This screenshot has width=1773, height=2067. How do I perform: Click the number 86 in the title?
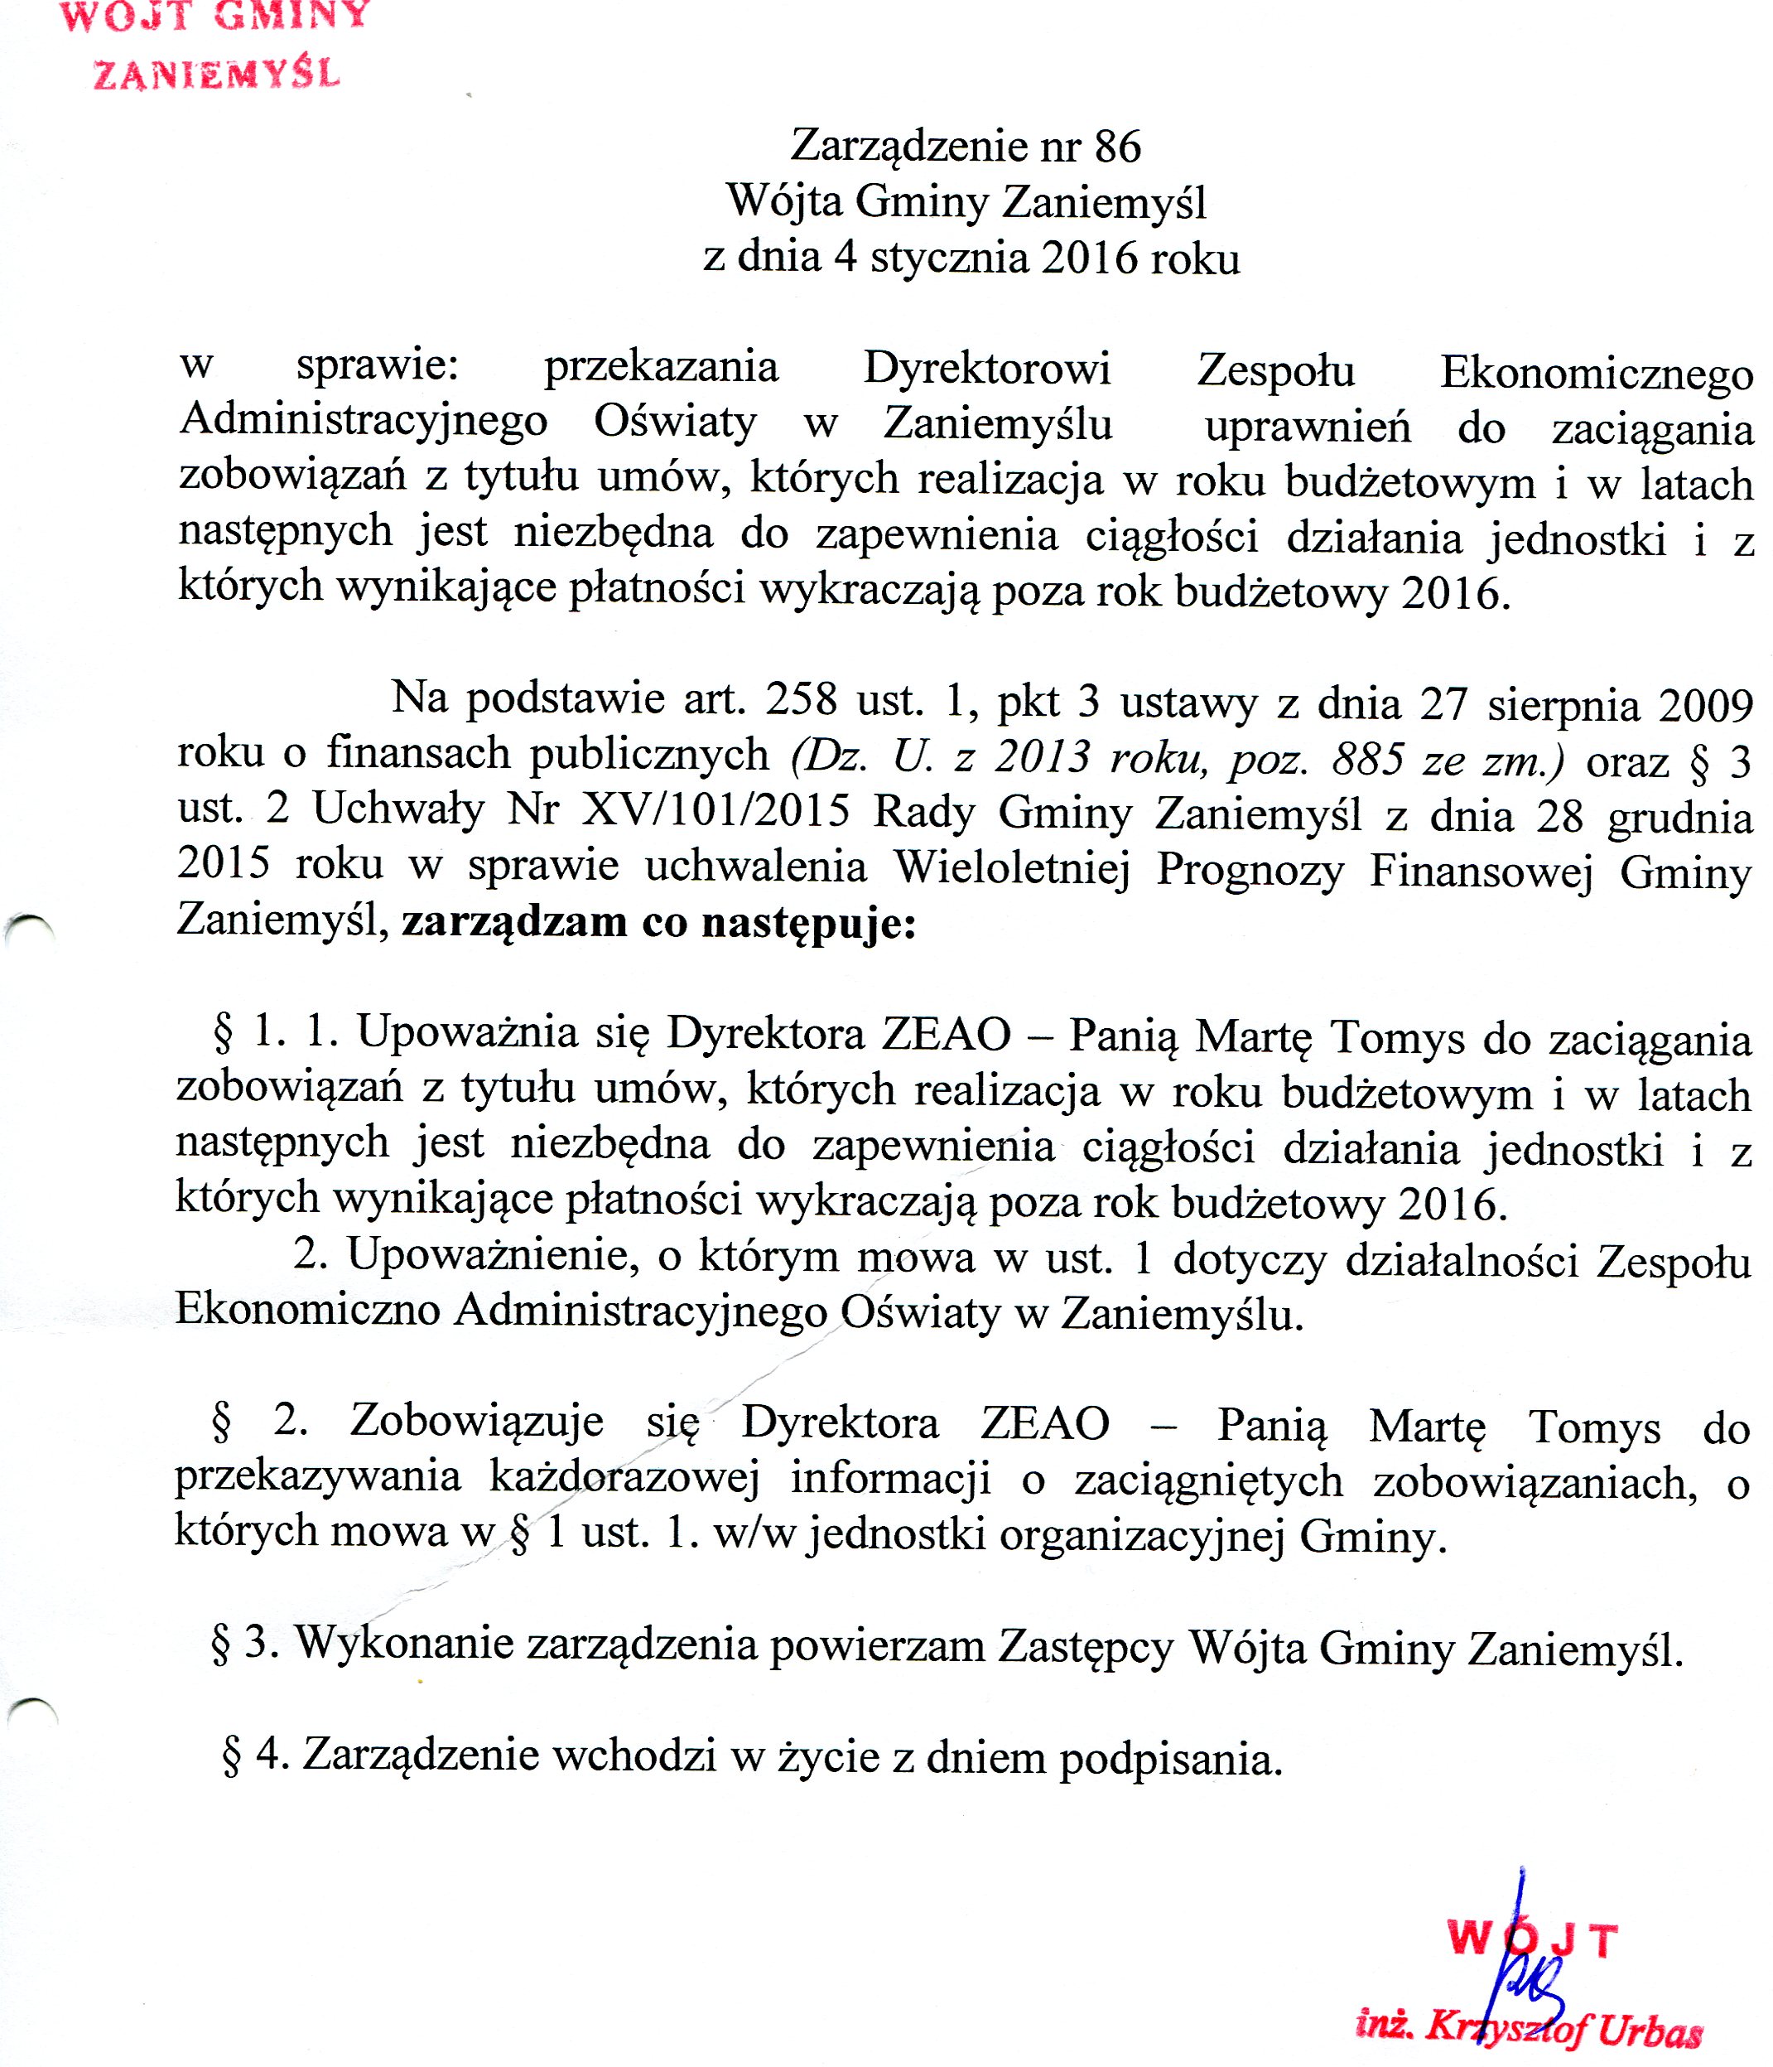pos(1117,147)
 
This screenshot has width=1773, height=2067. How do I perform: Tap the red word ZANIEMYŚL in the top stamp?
pos(216,75)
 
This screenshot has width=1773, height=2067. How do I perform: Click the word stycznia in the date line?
pos(948,258)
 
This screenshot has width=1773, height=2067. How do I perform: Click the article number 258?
pos(801,699)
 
